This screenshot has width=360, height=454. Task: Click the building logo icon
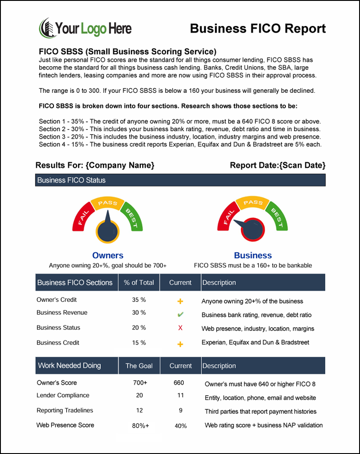(47, 28)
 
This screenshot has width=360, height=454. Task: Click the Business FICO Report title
(258, 29)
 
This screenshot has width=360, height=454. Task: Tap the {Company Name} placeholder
(120, 165)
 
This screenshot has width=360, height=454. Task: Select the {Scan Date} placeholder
(303, 165)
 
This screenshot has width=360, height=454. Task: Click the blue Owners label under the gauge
(108, 255)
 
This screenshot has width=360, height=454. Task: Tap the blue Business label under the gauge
(253, 255)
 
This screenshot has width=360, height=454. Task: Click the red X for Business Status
(180, 328)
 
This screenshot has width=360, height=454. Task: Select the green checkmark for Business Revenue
(180, 314)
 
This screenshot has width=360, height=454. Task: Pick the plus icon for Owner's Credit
(180, 301)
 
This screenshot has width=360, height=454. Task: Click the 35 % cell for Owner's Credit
(139, 300)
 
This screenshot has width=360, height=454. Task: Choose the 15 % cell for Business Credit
(139, 343)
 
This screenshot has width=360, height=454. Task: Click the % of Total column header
(139, 283)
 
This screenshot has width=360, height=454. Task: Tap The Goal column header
(139, 366)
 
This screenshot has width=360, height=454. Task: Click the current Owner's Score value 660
(179, 383)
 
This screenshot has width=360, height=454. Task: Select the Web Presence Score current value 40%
(181, 426)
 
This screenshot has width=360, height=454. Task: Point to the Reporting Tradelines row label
(65, 410)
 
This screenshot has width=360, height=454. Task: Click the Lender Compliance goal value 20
(140, 396)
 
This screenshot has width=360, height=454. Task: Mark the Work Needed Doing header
(69, 366)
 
